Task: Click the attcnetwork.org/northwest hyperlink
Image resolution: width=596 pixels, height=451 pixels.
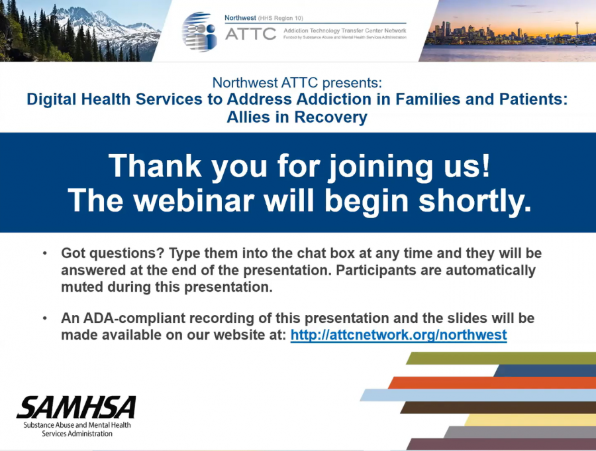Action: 399,335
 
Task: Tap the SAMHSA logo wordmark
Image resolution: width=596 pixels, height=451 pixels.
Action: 76,407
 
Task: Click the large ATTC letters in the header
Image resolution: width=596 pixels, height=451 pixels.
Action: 250,34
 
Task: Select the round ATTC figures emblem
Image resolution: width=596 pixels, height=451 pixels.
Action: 199,32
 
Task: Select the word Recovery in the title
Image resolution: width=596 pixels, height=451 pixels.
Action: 330,117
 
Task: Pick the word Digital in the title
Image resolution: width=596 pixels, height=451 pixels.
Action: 52,99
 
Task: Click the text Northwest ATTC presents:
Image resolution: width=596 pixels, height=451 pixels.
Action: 297,83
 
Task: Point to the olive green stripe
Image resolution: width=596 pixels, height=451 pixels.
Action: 501,359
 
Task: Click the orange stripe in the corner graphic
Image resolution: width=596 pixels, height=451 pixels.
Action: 492,383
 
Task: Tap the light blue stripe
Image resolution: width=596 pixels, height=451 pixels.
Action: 477,395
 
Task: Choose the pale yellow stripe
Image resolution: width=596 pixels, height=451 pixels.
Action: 530,420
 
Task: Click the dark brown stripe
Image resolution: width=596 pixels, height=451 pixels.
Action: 498,408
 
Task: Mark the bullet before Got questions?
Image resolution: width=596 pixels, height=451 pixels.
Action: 45,253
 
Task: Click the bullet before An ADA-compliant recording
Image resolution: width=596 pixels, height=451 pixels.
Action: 45,318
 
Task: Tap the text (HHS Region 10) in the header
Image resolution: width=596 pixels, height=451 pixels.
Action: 281,18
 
